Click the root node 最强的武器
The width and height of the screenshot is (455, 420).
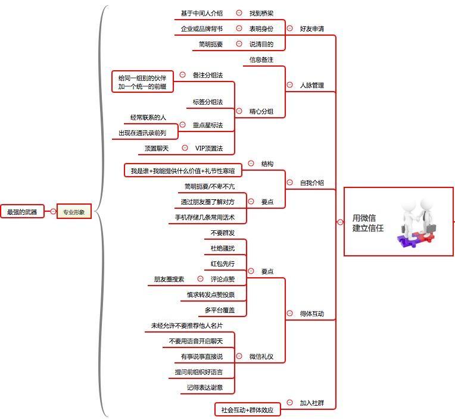[22, 212]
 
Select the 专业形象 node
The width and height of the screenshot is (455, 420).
[74, 212]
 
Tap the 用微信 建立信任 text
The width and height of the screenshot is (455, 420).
[367, 222]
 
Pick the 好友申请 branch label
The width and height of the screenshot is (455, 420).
[311, 29]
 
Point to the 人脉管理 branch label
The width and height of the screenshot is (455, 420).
[311, 85]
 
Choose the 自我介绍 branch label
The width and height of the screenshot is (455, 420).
[311, 183]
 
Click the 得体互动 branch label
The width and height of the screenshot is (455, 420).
[311, 314]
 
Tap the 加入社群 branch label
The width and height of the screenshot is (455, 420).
[311, 403]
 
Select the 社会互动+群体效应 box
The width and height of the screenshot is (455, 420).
[247, 409]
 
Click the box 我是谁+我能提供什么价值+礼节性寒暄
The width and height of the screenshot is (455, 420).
[183, 171]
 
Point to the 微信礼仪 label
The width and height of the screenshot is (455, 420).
[261, 356]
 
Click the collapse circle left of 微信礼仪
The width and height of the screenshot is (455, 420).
[239, 356]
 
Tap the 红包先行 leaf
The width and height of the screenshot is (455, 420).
[222, 264]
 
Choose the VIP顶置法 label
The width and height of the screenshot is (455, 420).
[209, 148]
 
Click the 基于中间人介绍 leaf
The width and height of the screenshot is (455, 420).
[201, 13]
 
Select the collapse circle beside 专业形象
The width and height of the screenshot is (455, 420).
[53, 211]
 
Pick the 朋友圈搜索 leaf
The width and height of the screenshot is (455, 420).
[169, 279]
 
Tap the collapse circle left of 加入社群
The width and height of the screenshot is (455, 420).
[289, 403]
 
